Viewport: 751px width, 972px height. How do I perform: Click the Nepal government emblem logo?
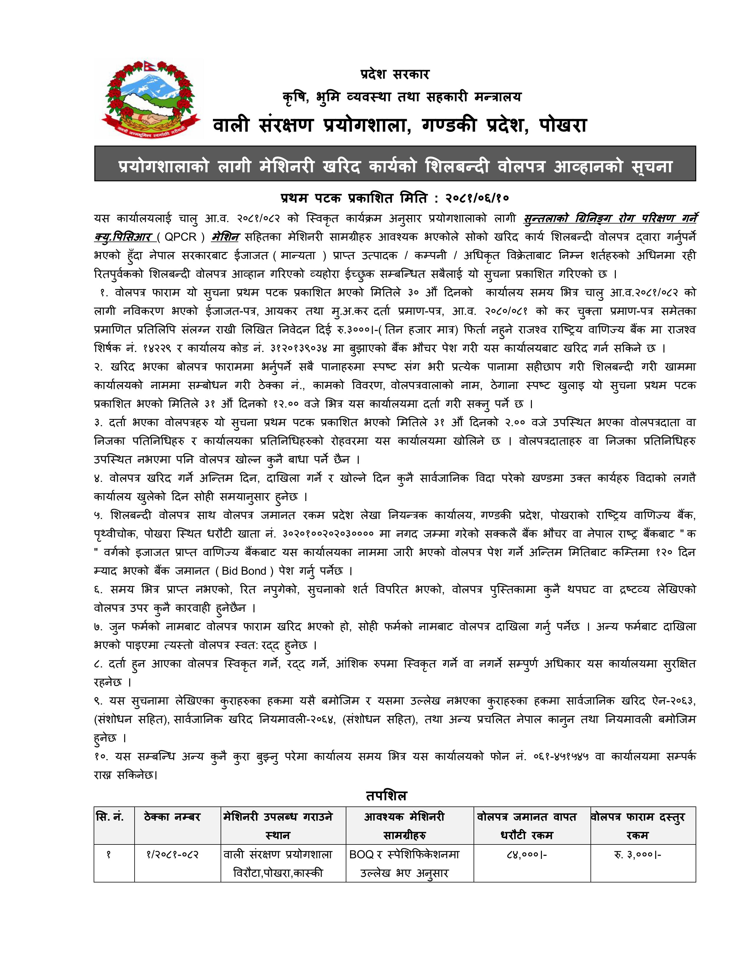click(150, 98)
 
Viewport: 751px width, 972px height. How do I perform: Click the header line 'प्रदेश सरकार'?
click(395, 74)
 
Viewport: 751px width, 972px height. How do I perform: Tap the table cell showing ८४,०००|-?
click(526, 855)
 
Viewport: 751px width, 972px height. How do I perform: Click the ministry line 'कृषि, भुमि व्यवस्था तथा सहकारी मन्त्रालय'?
click(401, 97)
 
